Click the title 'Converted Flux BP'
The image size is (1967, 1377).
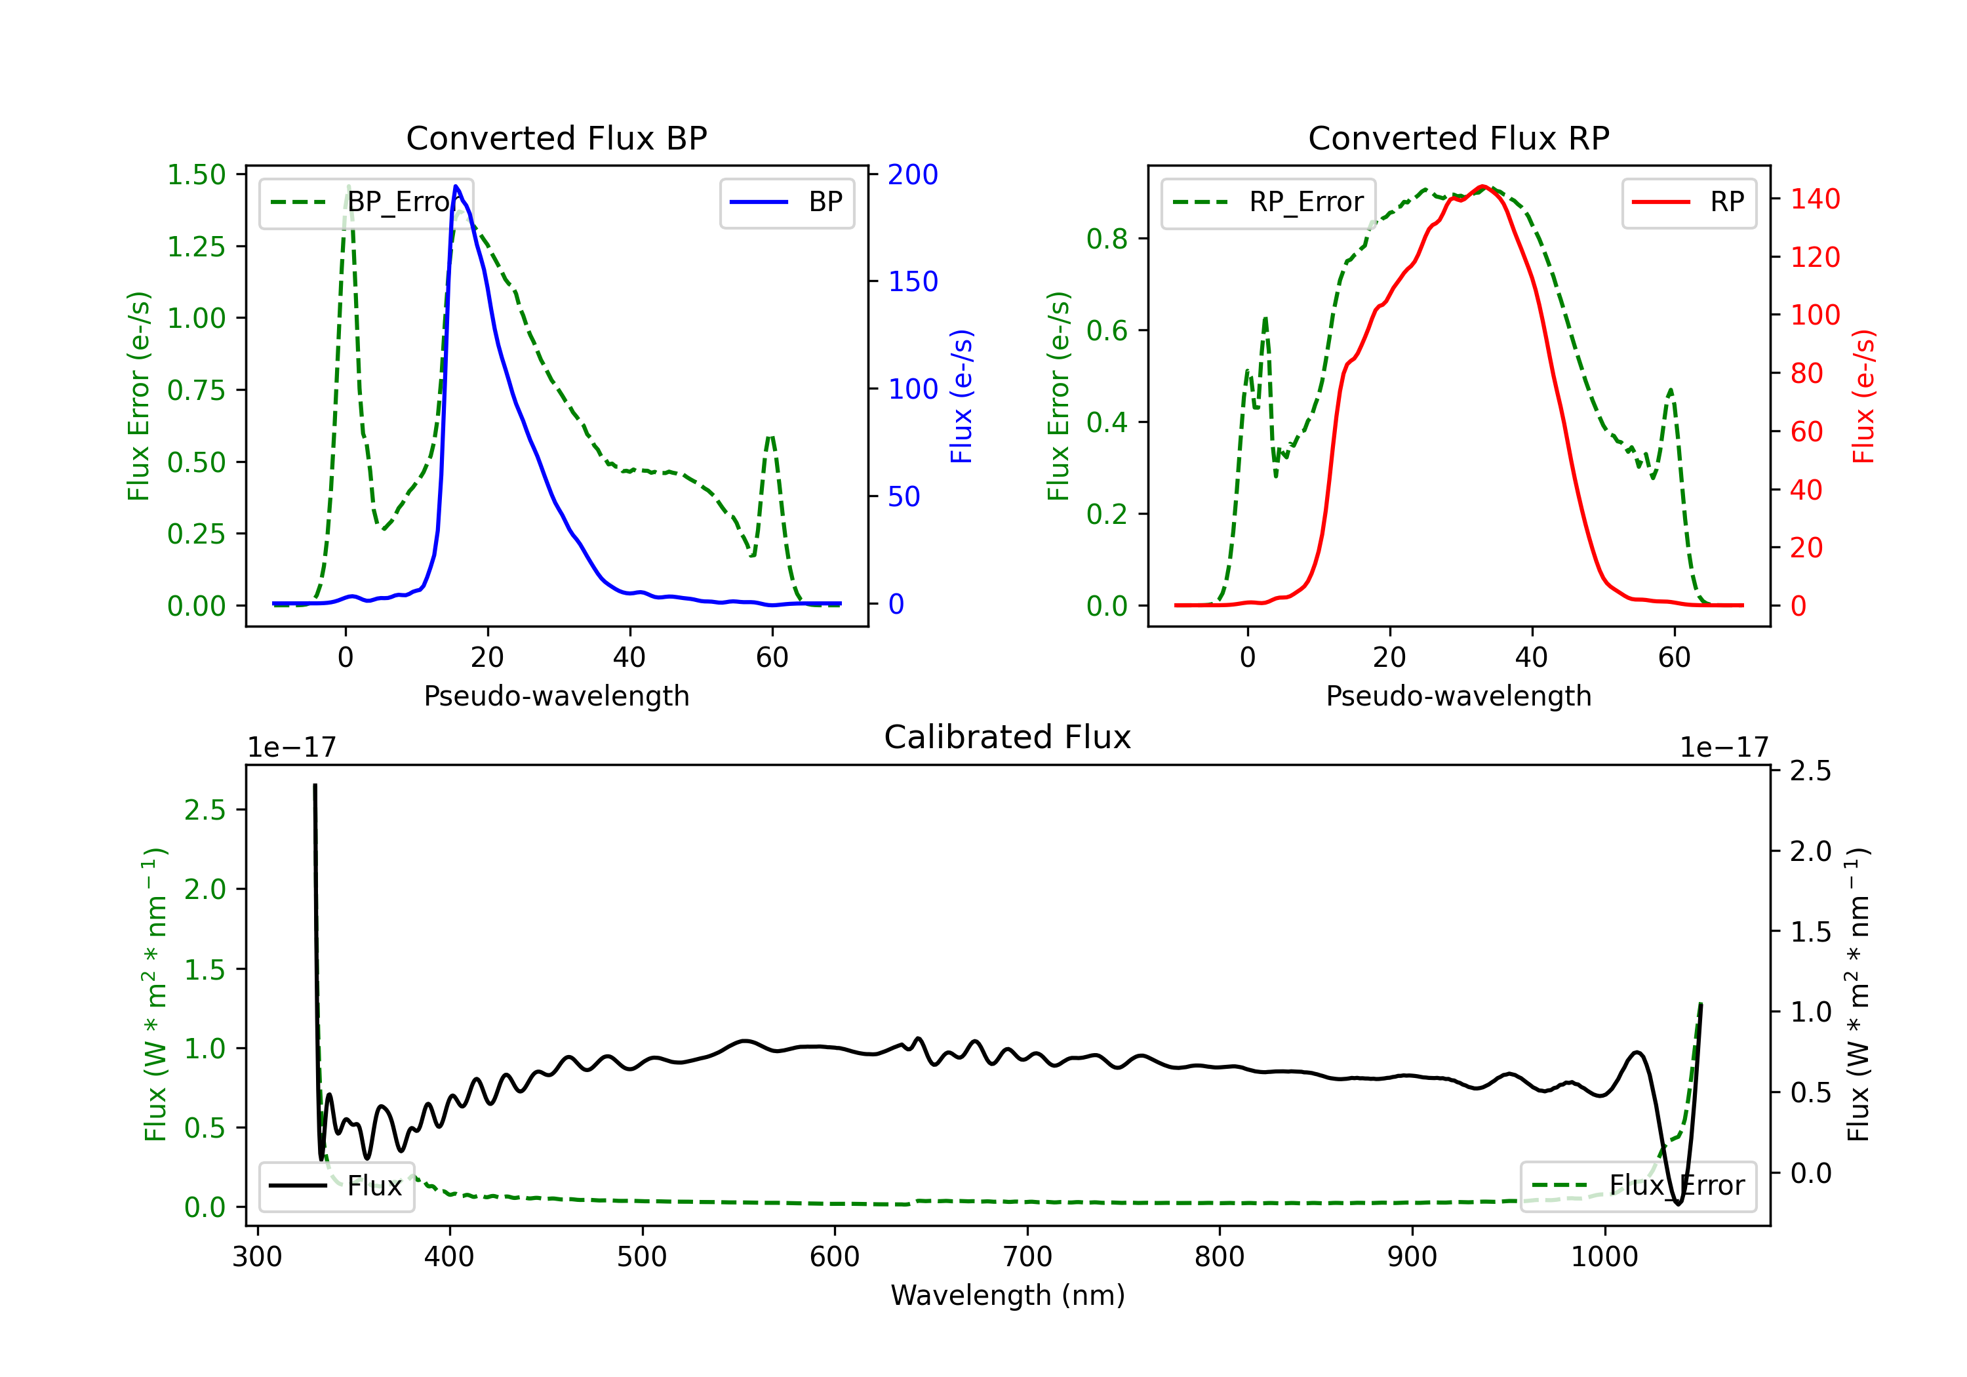point(556,138)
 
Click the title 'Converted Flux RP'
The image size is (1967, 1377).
point(1458,138)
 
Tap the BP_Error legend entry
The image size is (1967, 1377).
point(366,202)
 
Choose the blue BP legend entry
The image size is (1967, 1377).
point(786,202)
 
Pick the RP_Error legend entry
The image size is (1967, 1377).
point(1268,202)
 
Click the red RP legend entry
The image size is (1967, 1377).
point(1688,202)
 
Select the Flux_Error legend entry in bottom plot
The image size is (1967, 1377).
point(1638,1186)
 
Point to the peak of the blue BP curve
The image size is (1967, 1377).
point(456,186)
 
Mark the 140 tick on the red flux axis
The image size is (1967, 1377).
point(1816,199)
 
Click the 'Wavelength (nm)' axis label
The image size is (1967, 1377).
point(1008,1296)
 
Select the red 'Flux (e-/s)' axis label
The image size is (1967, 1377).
point(1863,397)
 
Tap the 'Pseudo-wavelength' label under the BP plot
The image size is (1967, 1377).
point(557,696)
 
